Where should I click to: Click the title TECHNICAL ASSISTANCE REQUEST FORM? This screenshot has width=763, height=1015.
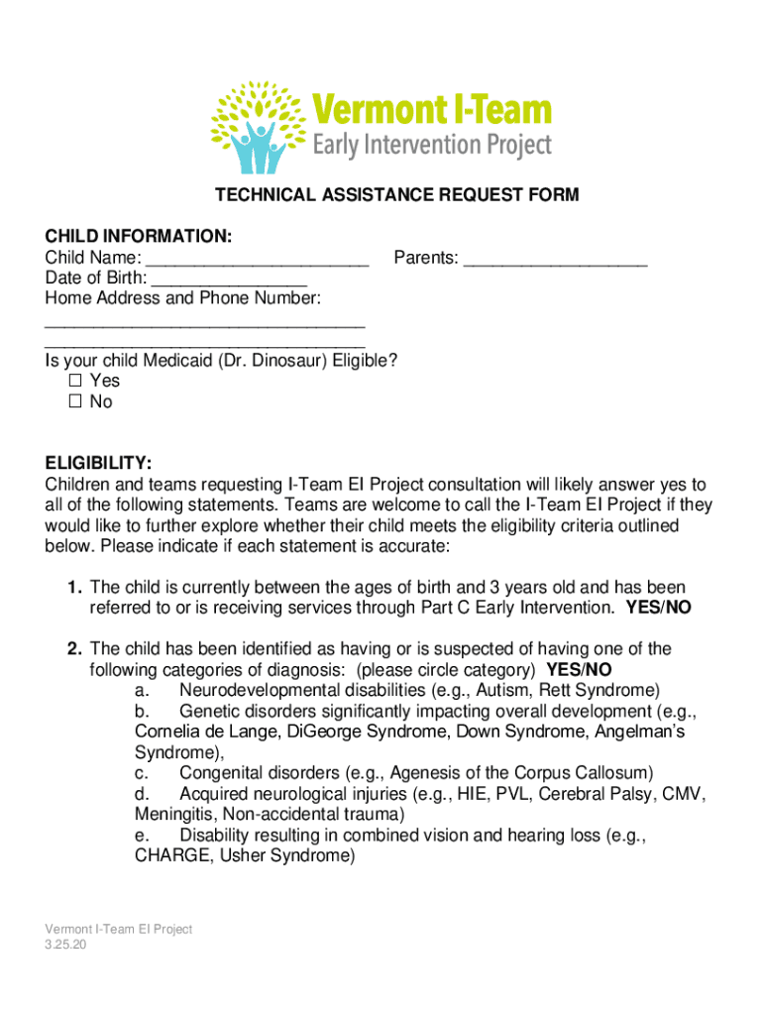[x=397, y=195]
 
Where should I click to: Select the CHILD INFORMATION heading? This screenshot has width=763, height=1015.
[x=139, y=236]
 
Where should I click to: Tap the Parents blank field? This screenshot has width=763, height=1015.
[x=555, y=261]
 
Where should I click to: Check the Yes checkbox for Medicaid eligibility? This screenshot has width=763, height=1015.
[x=75, y=381]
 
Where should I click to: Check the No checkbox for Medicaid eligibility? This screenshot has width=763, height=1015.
[x=75, y=402]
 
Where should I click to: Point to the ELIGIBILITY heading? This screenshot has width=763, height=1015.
[x=98, y=463]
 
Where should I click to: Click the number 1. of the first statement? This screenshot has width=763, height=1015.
[x=74, y=588]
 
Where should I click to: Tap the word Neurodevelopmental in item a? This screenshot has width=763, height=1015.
[x=254, y=690]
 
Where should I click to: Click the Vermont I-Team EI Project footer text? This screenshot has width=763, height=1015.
[x=118, y=929]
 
